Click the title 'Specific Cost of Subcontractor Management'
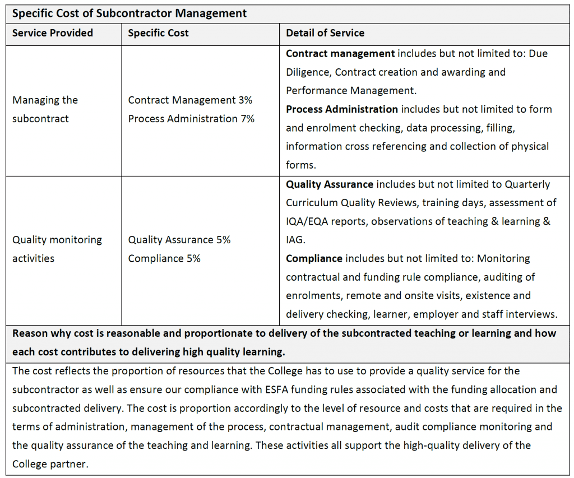pyautogui.click(x=129, y=13)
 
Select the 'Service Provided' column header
pyautogui.click(x=53, y=33)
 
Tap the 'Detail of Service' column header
pyautogui.click(x=325, y=33)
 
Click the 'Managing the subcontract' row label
pyautogui.click(x=45, y=109)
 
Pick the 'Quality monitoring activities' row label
pyautogui.click(x=57, y=249)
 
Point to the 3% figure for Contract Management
pyautogui.click(x=245, y=100)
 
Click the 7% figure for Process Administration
pyautogui.click(x=247, y=119)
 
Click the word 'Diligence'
pyautogui.click(x=308, y=72)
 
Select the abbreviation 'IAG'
pyautogui.click(x=295, y=240)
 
